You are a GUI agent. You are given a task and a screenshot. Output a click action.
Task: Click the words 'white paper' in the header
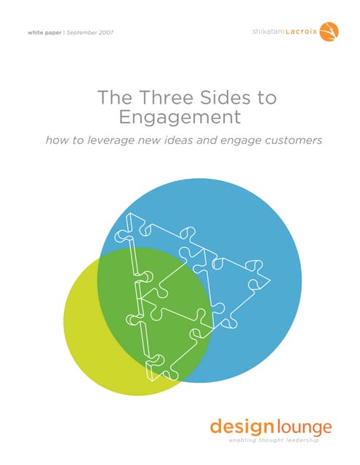tap(44, 33)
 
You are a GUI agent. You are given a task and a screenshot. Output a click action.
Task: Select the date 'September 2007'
tap(90, 33)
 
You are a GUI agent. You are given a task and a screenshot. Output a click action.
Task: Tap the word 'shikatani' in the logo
tap(268, 31)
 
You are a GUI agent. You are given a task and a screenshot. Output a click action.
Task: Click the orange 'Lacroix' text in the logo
tap(301, 31)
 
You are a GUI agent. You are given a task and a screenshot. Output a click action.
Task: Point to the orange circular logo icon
tap(329, 31)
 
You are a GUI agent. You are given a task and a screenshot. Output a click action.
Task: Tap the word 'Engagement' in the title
tap(180, 117)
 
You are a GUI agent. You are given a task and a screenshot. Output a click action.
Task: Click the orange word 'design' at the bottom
tap(241, 427)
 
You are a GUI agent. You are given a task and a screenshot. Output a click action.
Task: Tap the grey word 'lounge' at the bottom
tap(305, 428)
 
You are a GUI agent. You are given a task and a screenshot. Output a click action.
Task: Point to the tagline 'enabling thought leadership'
tap(274, 440)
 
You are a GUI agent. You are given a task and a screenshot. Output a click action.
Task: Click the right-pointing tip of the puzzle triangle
tap(270, 280)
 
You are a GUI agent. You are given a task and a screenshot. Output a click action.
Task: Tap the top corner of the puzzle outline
tap(129, 213)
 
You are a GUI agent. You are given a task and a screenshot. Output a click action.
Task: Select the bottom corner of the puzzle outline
tap(152, 381)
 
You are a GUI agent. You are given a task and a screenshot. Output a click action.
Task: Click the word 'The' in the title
tap(115, 97)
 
